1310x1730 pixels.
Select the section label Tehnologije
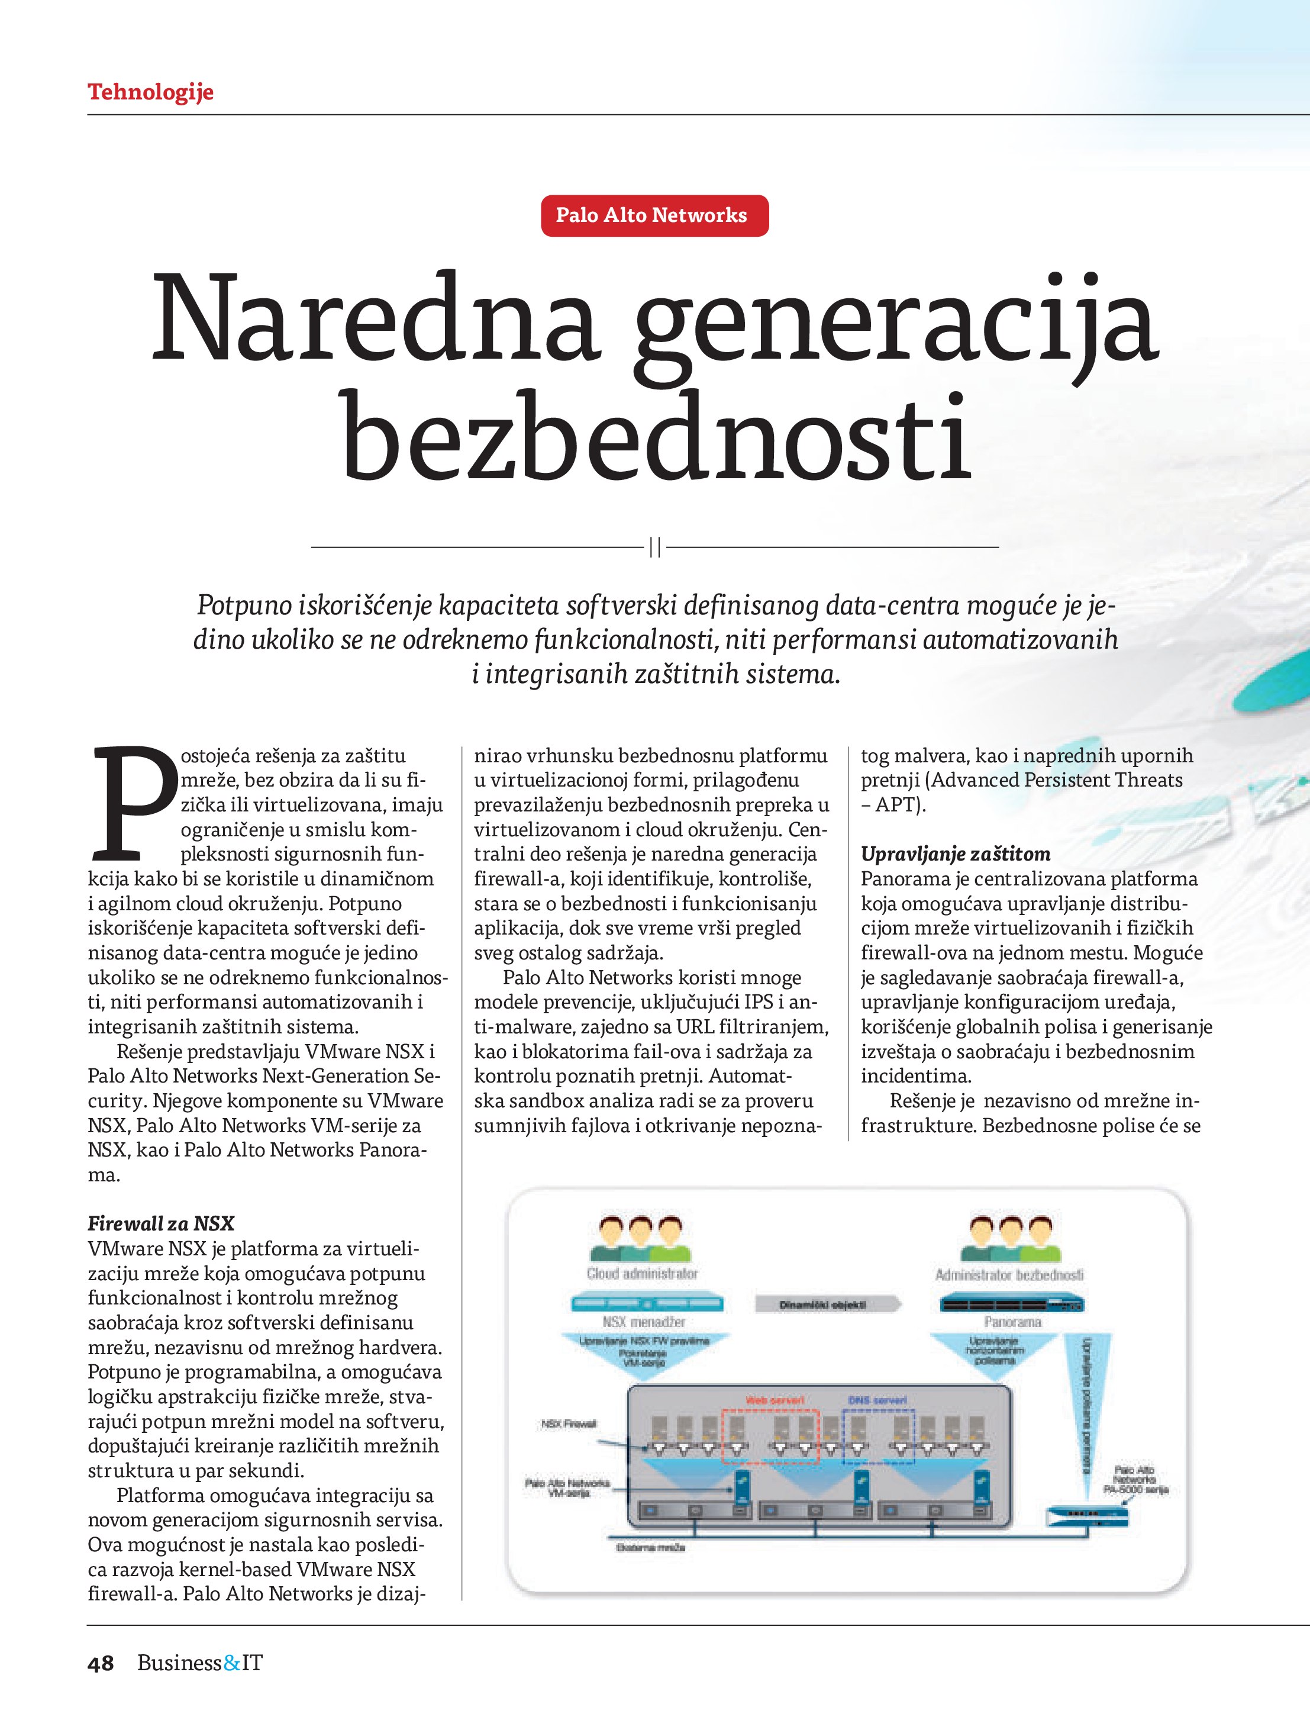click(x=150, y=92)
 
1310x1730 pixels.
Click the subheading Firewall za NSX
click(x=160, y=1223)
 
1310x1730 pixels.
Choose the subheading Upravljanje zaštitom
click(x=955, y=853)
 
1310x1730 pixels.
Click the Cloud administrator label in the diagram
click(x=642, y=1273)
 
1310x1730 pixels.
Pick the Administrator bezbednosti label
click(x=1009, y=1274)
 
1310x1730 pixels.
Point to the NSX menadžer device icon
click(x=647, y=1303)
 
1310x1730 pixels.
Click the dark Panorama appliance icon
click(x=1012, y=1303)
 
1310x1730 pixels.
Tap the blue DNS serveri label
click(x=877, y=1399)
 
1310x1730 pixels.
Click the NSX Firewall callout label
click(x=569, y=1423)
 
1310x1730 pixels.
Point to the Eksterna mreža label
click(x=651, y=1547)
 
